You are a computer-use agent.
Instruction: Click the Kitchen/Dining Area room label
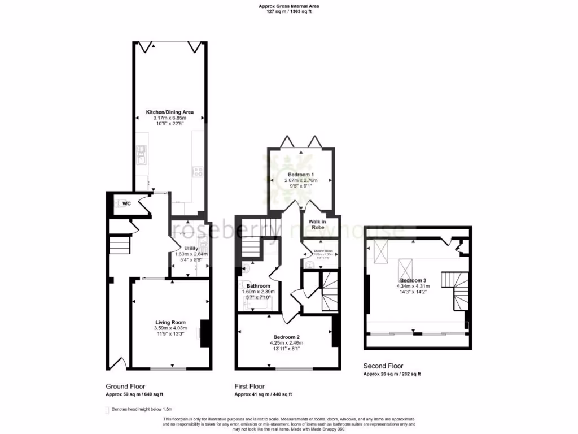(170, 112)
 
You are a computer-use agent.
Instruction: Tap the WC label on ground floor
(127, 204)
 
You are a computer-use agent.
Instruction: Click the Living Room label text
(170, 323)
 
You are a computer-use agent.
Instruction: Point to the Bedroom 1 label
(301, 174)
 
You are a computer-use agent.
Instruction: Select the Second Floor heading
(383, 366)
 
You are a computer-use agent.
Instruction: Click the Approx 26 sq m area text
(392, 374)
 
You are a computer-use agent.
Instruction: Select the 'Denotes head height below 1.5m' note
(142, 409)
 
